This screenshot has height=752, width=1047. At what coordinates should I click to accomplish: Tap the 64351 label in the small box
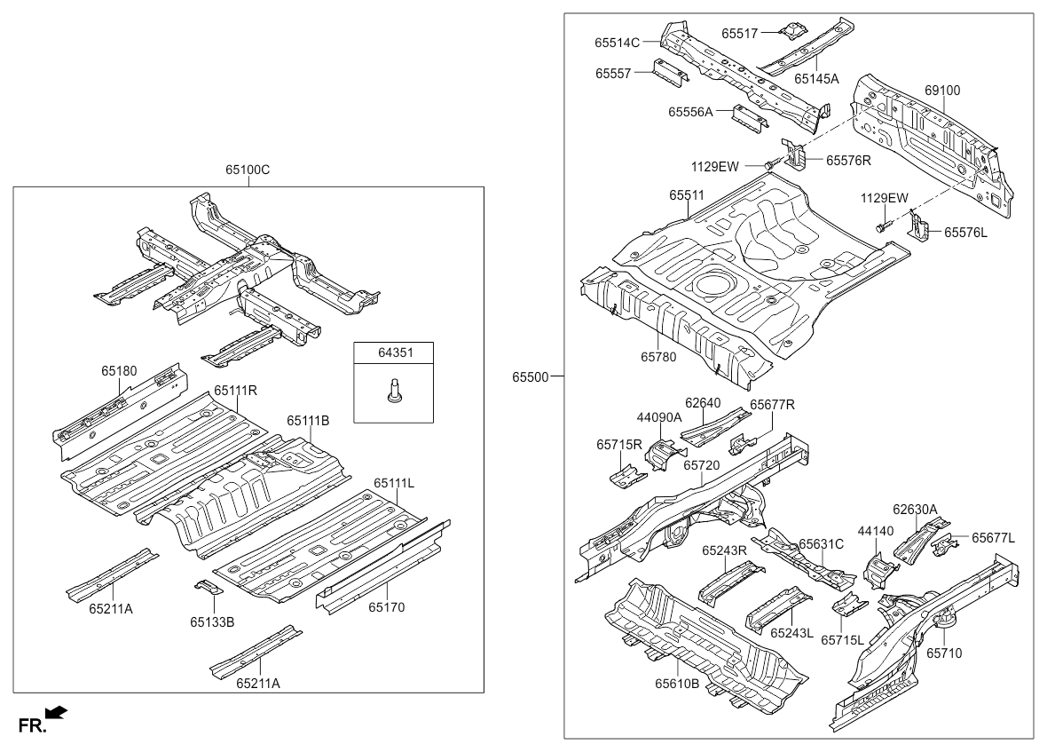pos(395,353)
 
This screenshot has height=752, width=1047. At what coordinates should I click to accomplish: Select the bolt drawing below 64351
pos(394,391)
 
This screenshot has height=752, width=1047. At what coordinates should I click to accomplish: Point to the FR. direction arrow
pos(56,712)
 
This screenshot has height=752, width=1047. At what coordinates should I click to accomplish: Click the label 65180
pos(118,370)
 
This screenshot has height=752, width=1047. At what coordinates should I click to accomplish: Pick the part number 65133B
pos(212,622)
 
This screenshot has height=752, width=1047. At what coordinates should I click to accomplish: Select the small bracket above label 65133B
pos(207,589)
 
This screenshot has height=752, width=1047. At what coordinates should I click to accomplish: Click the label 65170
pos(387,608)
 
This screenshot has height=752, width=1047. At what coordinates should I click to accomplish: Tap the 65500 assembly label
pos(530,376)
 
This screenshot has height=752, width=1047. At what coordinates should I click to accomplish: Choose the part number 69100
pos(942,91)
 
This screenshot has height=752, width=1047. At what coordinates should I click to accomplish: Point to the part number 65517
pos(739,34)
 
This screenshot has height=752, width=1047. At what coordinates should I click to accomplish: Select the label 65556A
pos(690,112)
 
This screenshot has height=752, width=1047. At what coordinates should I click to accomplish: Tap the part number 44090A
pos(657,416)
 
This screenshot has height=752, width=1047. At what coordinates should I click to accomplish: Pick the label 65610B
pos(677,684)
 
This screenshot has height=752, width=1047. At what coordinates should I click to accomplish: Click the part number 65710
pos(944,653)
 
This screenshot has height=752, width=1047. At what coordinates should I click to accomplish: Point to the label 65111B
pos(308,420)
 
